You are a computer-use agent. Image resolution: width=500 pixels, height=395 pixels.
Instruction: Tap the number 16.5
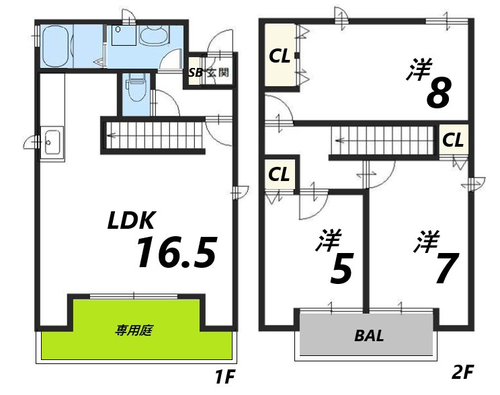176,252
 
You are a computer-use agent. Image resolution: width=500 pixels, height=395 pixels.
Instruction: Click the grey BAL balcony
366,334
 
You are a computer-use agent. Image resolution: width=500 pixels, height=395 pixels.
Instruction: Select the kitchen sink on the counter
52,143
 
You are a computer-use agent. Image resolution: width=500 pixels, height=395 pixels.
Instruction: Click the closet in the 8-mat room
280,56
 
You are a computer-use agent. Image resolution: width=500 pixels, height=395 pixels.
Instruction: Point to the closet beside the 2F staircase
452,141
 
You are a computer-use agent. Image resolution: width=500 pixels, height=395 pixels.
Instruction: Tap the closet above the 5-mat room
279,174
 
